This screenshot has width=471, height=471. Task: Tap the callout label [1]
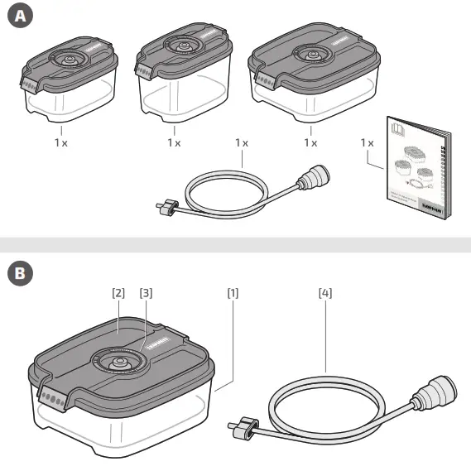pyautogui.click(x=233, y=292)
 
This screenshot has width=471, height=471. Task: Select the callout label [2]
pyautogui.click(x=118, y=292)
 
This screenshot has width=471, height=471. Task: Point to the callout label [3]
pyautogui.click(x=146, y=292)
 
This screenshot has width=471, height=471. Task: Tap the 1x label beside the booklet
pyautogui.click(x=368, y=142)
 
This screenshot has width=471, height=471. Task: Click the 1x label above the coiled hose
pyautogui.click(x=242, y=142)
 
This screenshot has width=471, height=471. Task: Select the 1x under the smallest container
pyautogui.click(x=61, y=142)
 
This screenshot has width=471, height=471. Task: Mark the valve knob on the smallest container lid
pyautogui.click(x=66, y=60)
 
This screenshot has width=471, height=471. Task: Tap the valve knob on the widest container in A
pyautogui.click(x=313, y=56)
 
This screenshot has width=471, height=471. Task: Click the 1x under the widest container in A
pyautogui.click(x=310, y=142)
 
